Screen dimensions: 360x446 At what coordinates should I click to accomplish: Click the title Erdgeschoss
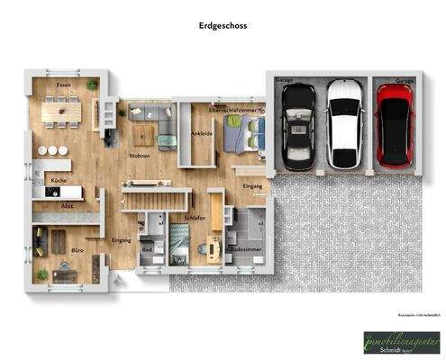coord(223,26)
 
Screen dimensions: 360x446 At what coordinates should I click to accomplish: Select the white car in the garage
coord(342,123)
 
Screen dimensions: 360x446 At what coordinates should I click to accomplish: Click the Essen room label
coord(63,85)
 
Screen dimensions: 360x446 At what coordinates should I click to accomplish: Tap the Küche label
coord(57,181)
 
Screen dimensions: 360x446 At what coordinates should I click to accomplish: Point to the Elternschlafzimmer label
coord(232,109)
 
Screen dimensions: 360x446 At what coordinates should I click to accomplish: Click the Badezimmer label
coord(243,248)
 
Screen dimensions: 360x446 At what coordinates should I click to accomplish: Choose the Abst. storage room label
coord(67,206)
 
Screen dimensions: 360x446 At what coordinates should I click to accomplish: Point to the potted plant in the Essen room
coord(93,85)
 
